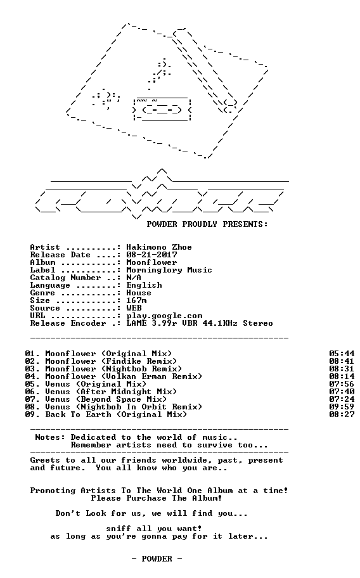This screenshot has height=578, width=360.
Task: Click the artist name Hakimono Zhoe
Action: (159, 247)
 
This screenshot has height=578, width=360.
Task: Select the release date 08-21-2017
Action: (151, 255)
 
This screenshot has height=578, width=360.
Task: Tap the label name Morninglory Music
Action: (169, 270)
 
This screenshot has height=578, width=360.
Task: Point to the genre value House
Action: (139, 293)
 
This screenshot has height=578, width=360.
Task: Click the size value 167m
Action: (136, 300)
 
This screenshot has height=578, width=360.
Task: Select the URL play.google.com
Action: (164, 316)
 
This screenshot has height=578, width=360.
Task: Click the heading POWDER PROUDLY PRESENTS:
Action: (207, 224)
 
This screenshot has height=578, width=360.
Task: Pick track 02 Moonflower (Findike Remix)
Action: (101, 361)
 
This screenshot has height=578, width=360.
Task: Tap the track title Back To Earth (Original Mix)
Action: (116, 414)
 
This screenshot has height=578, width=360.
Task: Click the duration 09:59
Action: (342, 407)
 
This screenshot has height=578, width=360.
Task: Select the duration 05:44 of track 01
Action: (342, 354)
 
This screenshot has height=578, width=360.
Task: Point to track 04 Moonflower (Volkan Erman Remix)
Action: (113, 376)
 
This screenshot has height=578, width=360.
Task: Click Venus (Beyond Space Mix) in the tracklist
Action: (106, 399)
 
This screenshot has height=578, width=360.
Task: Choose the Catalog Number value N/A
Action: (134, 278)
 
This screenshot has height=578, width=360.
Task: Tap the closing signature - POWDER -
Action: (157, 559)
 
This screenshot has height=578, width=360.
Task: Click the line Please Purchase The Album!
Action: (157, 498)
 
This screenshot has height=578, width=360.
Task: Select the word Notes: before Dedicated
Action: (50, 437)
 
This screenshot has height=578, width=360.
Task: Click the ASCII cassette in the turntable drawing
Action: (162, 110)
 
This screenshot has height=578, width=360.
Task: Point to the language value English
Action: (144, 285)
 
